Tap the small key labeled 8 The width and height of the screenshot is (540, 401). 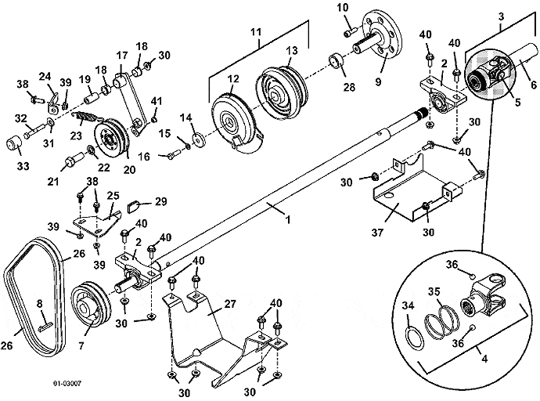45,316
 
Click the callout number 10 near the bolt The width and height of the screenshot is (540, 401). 342,8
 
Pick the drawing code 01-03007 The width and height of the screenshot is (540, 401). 69,384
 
